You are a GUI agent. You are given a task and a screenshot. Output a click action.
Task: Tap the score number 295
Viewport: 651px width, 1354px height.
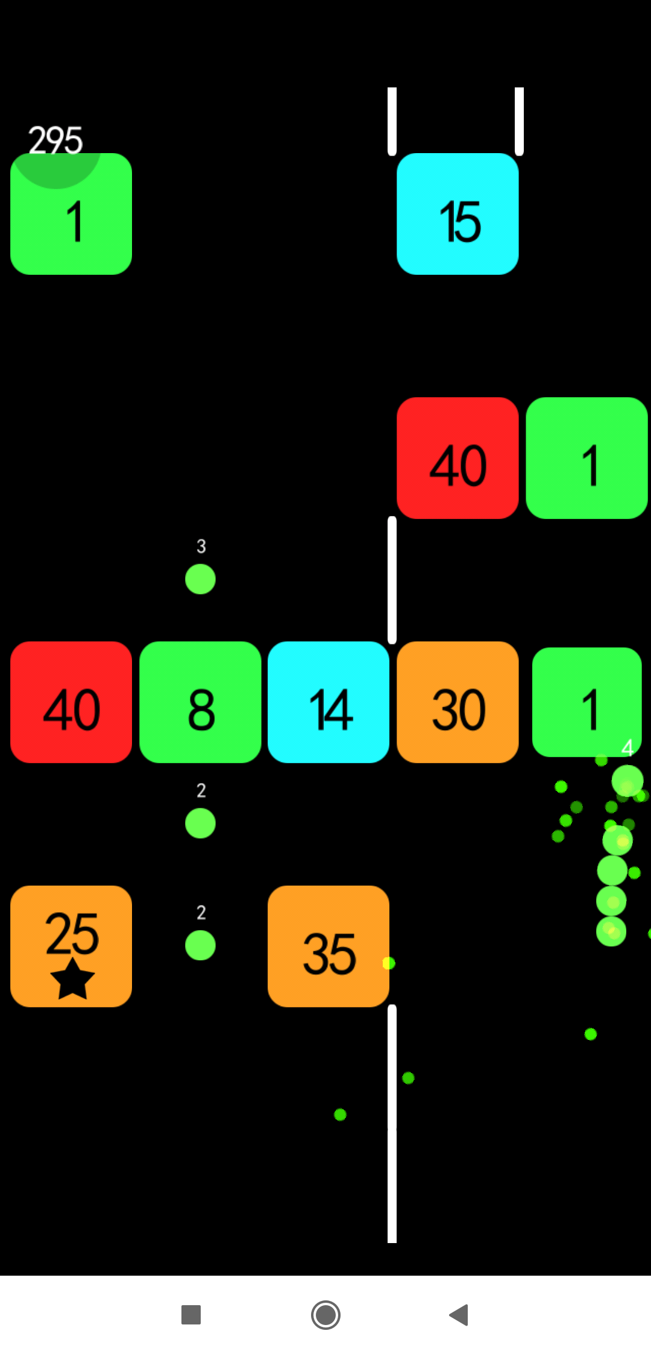click(x=55, y=140)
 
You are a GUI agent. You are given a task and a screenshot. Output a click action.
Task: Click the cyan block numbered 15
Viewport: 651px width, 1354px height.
click(x=458, y=214)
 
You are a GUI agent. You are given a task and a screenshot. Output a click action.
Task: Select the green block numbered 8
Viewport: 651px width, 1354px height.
click(x=200, y=702)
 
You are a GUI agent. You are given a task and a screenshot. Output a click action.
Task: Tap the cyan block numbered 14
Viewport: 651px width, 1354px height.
click(x=329, y=702)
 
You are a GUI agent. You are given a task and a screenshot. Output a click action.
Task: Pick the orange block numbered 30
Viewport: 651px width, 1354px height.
click(x=458, y=702)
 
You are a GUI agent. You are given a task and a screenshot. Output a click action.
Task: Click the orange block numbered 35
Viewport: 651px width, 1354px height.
click(x=329, y=946)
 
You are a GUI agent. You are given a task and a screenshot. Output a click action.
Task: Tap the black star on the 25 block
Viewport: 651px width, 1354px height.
click(x=72, y=979)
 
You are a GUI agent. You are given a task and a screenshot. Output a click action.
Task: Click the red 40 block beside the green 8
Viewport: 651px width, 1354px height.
click(x=71, y=702)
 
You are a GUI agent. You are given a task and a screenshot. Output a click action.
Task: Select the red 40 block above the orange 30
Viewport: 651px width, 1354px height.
click(x=458, y=458)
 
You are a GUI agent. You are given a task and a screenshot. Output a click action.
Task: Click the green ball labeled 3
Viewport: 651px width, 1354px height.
click(x=200, y=579)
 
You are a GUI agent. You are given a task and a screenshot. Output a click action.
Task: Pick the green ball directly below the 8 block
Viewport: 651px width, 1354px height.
click(x=200, y=823)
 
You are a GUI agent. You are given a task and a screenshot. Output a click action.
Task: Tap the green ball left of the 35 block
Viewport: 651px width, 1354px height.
click(x=200, y=945)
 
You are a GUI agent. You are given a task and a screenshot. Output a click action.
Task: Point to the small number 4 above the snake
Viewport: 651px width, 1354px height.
click(x=627, y=748)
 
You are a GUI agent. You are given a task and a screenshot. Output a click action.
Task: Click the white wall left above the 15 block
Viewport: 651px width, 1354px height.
click(x=392, y=121)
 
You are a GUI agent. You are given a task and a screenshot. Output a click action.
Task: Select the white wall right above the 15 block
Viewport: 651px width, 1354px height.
click(x=519, y=121)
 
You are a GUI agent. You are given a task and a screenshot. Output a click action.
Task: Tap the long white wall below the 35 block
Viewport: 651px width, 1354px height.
click(x=392, y=1124)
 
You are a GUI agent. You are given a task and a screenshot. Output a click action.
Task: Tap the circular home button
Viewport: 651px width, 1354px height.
click(x=325, y=1315)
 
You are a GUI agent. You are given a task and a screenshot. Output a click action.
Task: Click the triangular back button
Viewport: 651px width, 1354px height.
click(x=459, y=1315)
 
